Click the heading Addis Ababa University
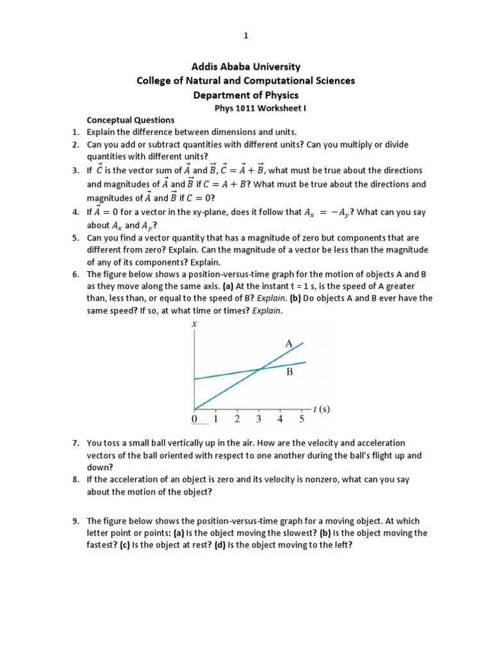point(246,67)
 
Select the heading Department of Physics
point(246,95)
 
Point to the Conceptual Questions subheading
point(130,120)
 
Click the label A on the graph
point(289,343)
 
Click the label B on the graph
point(290,372)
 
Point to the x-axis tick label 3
point(259,420)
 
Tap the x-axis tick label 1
point(216,420)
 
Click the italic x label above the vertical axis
point(193,324)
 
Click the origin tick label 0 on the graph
point(194,420)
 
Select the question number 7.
point(75,443)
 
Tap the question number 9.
point(75,521)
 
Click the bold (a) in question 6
point(227,287)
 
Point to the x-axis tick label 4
point(280,420)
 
